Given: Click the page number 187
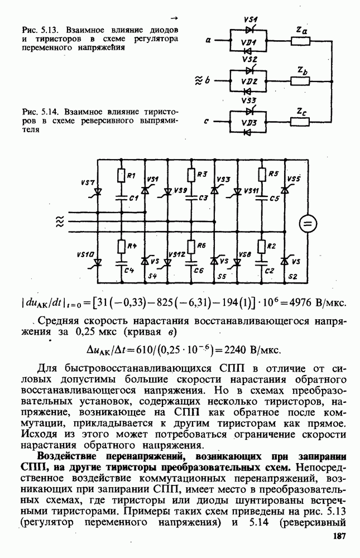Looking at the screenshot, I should click(338, 536).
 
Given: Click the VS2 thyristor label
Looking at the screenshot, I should click(249, 59).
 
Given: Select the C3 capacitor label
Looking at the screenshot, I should click(203, 198).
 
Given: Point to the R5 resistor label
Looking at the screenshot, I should click(273, 174).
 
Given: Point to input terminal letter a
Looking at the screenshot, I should click(207, 40).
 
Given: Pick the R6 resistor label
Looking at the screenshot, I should click(202, 246).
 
